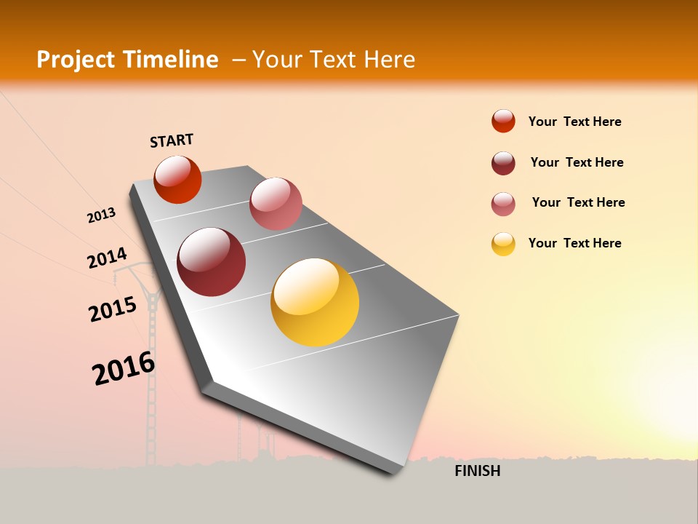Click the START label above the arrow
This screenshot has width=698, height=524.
[172, 140]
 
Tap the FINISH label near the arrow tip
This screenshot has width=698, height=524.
[477, 471]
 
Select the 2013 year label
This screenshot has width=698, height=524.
[101, 215]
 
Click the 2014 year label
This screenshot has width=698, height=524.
[107, 258]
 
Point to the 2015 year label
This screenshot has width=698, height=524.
[113, 309]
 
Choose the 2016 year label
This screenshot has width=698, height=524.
[124, 368]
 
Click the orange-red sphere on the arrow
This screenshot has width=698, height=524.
[177, 180]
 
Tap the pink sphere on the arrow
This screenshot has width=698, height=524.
[276, 204]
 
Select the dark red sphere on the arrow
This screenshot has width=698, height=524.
[212, 262]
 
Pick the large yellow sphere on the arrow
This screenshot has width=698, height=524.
[315, 302]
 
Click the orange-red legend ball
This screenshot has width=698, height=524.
[503, 122]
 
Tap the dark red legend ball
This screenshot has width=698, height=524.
[503, 163]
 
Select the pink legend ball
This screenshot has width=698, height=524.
[503, 204]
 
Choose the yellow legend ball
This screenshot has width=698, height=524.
[503, 244]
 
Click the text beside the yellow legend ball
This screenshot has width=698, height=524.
[574, 243]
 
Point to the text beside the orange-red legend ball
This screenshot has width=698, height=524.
[574, 122]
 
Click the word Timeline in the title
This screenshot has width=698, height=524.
[171, 60]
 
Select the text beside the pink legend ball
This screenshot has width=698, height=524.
[578, 202]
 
